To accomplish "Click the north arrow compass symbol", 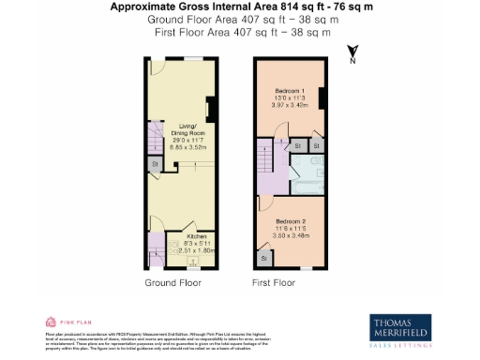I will [351, 54].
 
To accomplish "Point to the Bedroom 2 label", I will [289, 220].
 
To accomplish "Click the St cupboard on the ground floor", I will [154, 166].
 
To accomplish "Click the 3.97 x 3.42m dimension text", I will [290, 103].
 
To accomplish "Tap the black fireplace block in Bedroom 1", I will [322, 97].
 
